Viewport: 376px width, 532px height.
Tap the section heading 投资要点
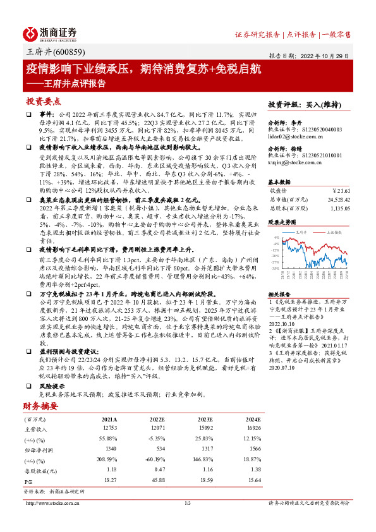44,102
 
